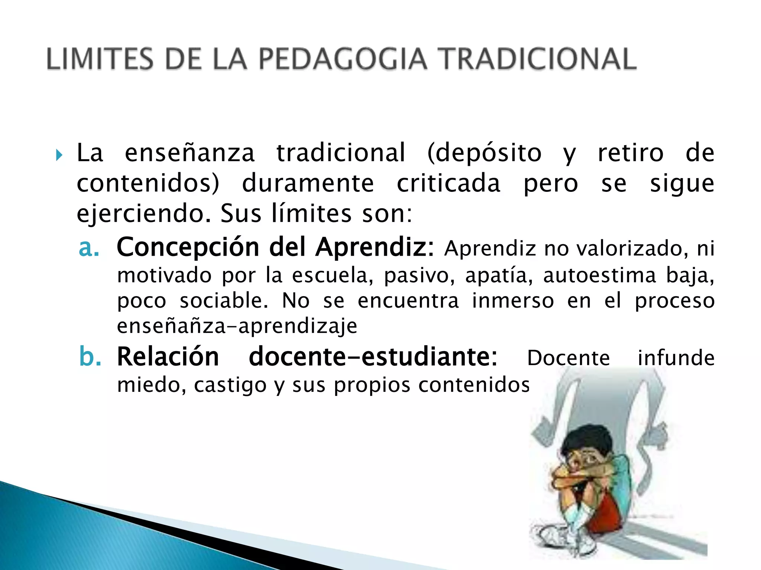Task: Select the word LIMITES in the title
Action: pos(100,59)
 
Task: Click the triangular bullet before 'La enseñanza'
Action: pos(59,155)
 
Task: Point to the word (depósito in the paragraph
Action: pos(484,153)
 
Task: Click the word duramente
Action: pos(308,183)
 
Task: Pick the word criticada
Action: pos(448,183)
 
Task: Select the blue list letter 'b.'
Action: pos(90,357)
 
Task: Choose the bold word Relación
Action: pos(168,357)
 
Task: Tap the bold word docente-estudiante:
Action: pos(373,357)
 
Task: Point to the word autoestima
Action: pos(599,275)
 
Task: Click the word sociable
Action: pos(224,301)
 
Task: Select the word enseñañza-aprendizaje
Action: pos(237,326)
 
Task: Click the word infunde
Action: pos(676,358)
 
